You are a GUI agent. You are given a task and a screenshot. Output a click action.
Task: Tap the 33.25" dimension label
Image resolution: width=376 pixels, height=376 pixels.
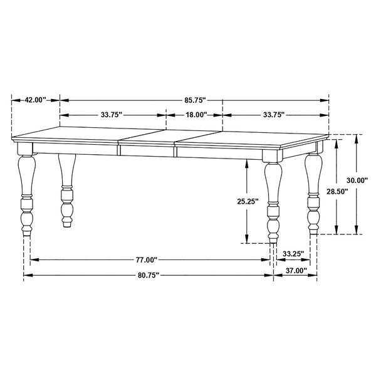click(x=293, y=254)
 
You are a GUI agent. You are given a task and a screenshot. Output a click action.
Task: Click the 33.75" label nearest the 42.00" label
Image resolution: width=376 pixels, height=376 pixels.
click(x=111, y=115)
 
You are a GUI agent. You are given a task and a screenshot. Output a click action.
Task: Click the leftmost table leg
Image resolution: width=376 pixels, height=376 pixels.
click(x=26, y=194)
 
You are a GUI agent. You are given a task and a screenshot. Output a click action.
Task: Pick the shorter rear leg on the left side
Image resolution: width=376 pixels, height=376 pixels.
click(x=66, y=188)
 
